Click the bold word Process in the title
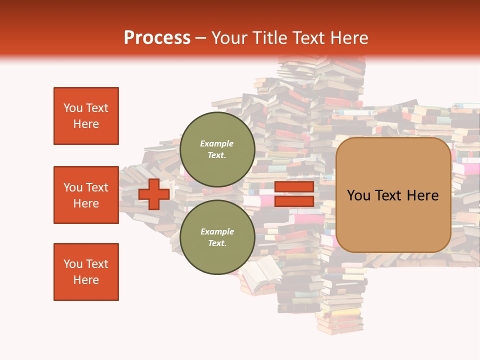point(157,37)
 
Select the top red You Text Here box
point(86,116)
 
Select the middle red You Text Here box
point(86,195)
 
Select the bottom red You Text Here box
point(86,272)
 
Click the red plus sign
point(154,194)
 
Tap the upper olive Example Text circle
point(217,149)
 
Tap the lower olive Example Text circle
point(217,237)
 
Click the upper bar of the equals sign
point(294,187)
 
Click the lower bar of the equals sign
point(294,201)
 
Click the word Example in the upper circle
point(217,143)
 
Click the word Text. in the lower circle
point(217,243)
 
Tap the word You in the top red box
point(73,108)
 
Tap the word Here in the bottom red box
point(86,280)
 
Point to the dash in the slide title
point(200,38)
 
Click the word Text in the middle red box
point(96,187)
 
